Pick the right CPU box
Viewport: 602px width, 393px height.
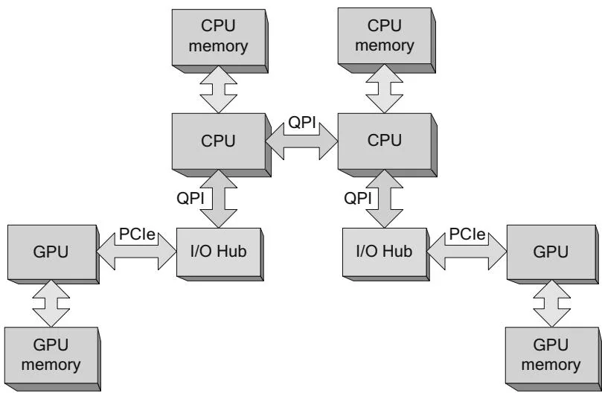point(383,141)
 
